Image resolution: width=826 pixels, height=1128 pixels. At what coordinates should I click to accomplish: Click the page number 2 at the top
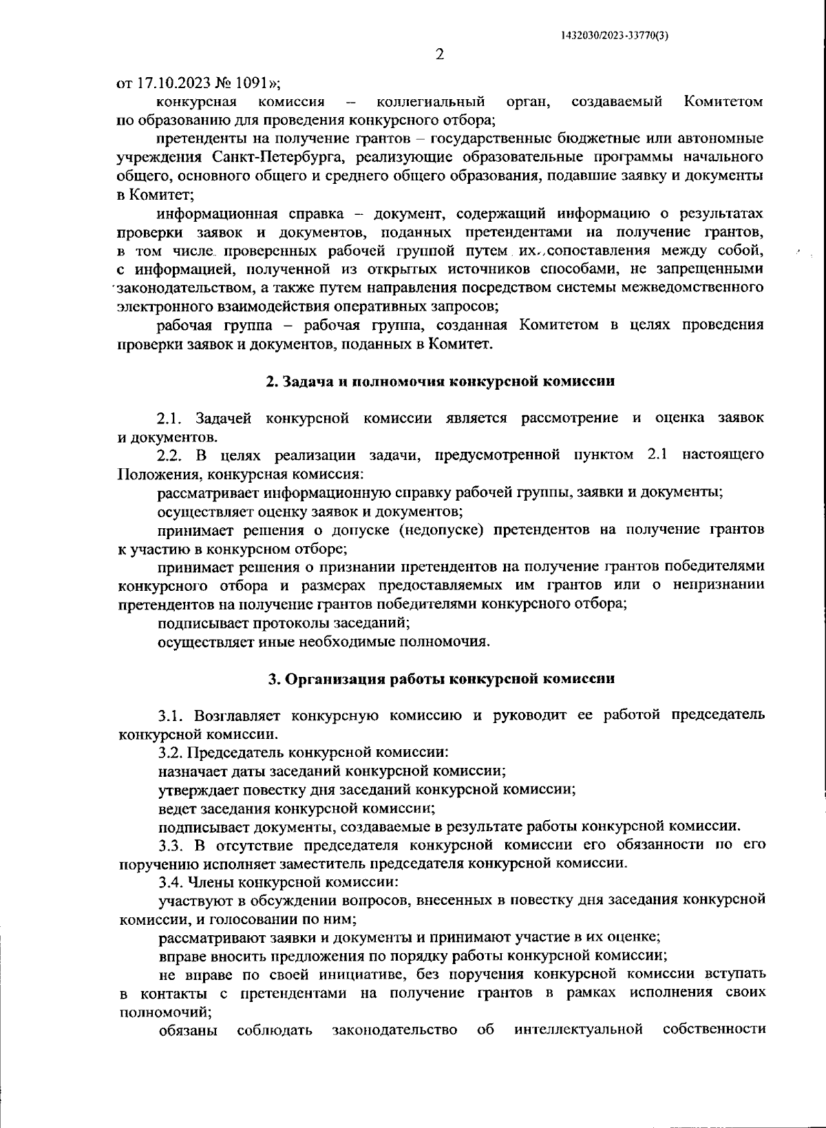click(440, 54)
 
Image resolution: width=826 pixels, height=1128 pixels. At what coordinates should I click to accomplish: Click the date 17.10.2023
click(170, 83)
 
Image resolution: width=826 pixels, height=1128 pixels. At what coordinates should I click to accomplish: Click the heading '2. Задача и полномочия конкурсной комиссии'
click(441, 381)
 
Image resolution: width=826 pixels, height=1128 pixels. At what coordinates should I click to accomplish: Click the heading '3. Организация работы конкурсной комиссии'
click(441, 678)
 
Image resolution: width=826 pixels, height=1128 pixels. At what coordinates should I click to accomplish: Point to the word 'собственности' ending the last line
click(714, 1031)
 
